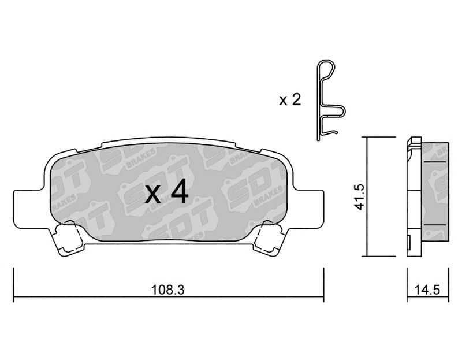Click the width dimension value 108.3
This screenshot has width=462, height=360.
point(167,290)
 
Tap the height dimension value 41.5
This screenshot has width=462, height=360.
point(360,196)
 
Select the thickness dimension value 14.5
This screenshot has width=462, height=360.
point(427,290)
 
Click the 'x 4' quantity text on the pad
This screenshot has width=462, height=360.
point(166,192)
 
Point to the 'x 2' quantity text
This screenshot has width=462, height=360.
point(290,100)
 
